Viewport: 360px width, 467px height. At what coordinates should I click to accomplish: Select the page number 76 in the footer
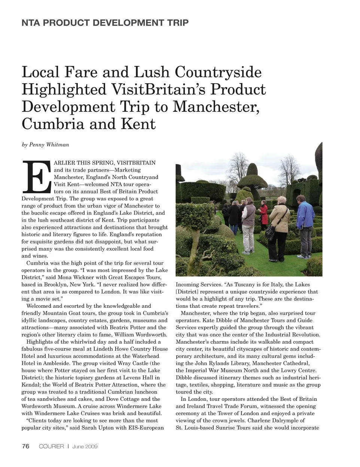click(25, 446)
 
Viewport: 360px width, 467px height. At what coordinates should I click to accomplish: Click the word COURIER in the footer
click(51, 446)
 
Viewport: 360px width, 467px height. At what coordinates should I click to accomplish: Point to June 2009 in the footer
click(85, 446)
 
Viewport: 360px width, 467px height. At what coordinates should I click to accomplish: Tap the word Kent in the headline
click(137, 124)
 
